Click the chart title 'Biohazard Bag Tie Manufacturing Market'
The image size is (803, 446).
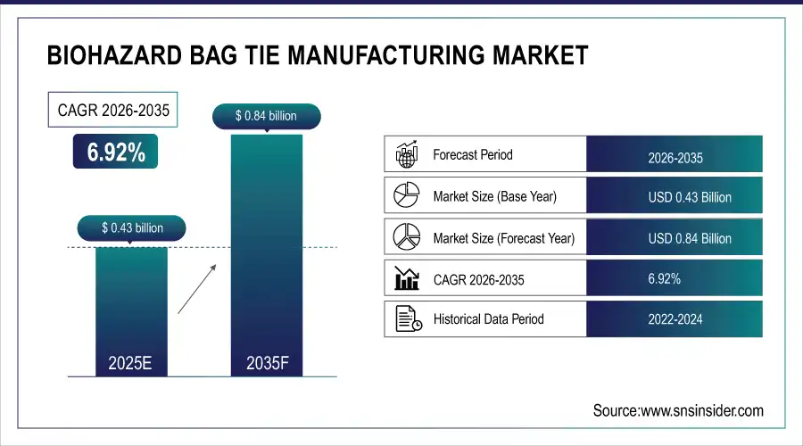coord(317,55)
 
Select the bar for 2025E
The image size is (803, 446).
coord(131,308)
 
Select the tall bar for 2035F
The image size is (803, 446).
coord(266,250)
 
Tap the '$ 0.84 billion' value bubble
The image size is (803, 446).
coord(266,115)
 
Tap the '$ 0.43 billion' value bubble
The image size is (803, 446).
coord(132,227)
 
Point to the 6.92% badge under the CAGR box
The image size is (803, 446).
coord(116,153)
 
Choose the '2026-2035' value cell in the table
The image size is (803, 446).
coord(675,158)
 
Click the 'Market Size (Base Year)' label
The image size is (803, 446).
coord(494,196)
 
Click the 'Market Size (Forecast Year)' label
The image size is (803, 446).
coord(503,238)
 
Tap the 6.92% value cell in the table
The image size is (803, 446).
coord(664,278)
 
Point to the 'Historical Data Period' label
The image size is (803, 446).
coord(488,318)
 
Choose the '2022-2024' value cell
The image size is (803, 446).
coord(675,319)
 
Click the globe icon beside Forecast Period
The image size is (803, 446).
coord(407,155)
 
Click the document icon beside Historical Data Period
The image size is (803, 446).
coord(408,318)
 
